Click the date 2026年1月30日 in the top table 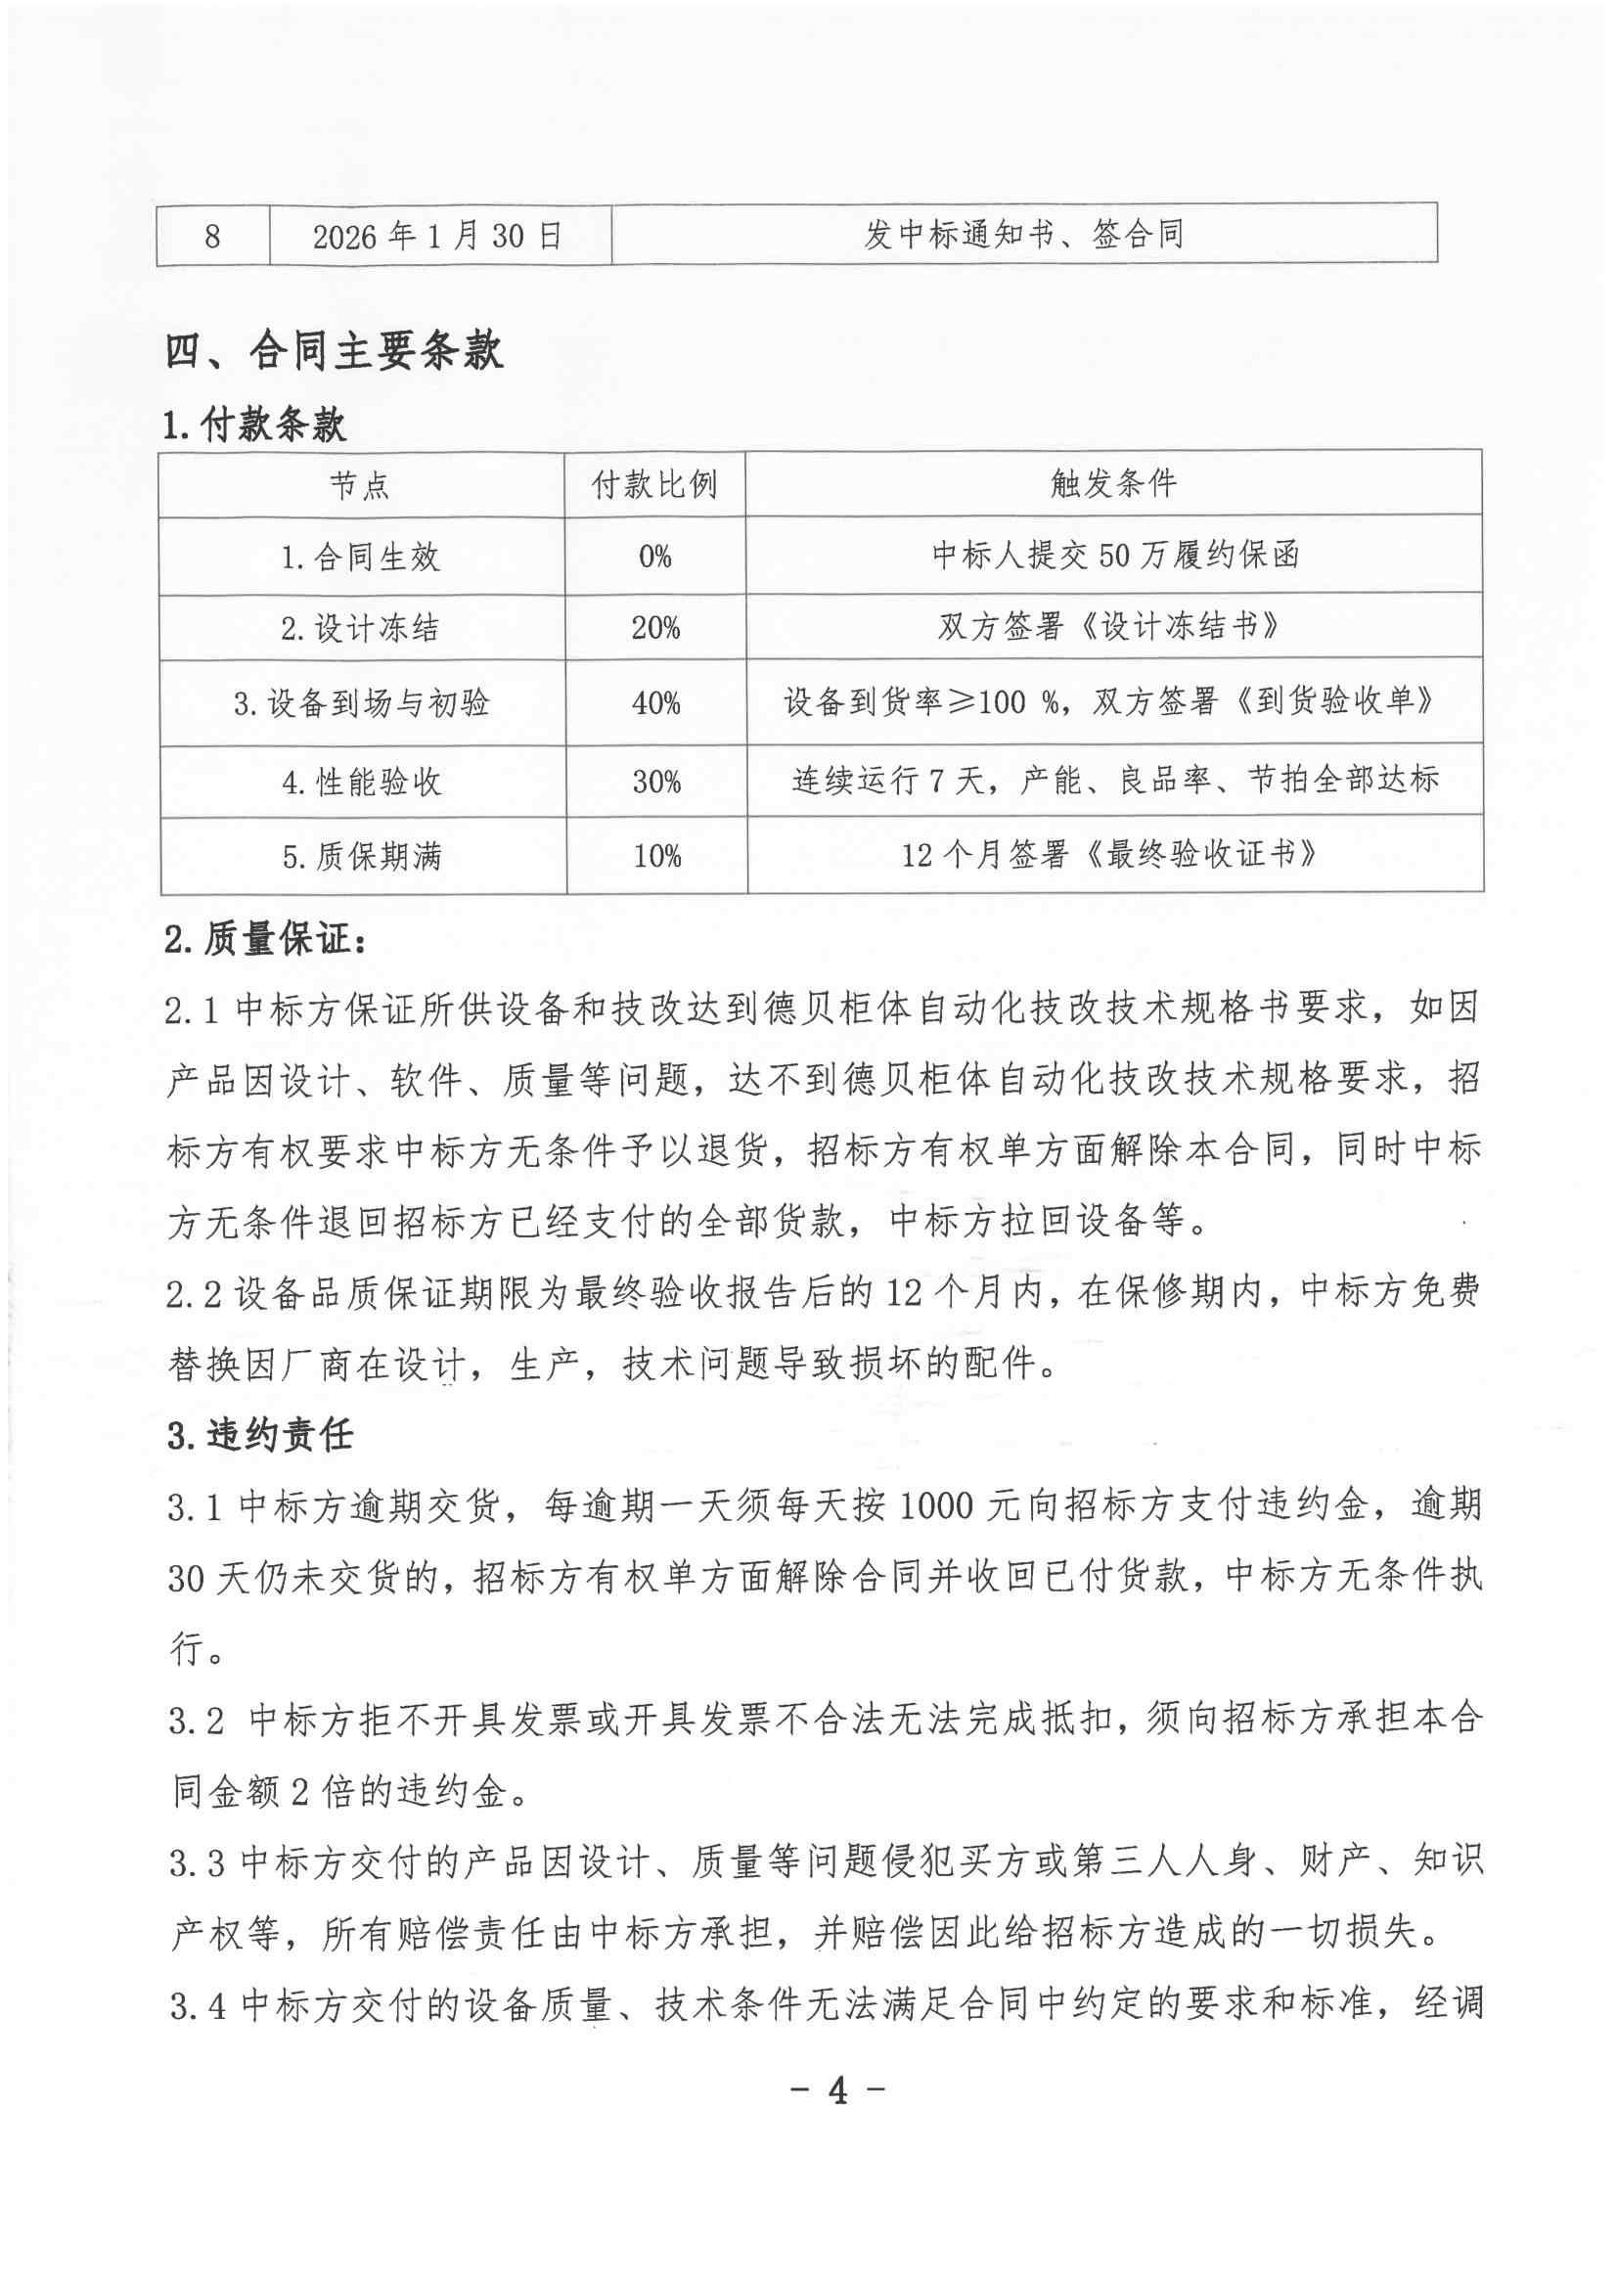tap(438, 236)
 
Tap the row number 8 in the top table tap(212, 237)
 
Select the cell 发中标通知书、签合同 tap(1022, 235)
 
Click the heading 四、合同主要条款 tap(335, 351)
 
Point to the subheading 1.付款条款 tap(255, 426)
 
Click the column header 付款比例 tap(654, 485)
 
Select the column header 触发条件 tap(1113, 484)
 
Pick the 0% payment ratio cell tap(655, 557)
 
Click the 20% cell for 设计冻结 tap(655, 628)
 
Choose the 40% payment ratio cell tap(655, 704)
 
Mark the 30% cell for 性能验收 tap(656, 783)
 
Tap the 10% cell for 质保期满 tap(657, 856)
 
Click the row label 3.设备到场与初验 tap(361, 704)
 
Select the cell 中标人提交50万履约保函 tap(1115, 555)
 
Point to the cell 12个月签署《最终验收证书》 tap(1114, 855)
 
